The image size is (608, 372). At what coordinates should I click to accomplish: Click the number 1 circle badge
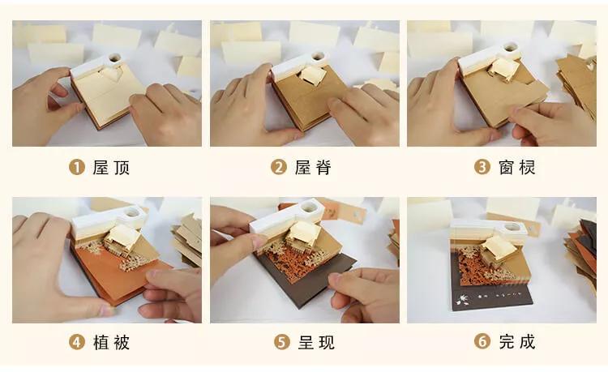[78, 168]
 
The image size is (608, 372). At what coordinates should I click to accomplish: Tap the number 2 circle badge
[280, 168]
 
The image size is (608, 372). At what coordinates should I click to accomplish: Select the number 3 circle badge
[482, 168]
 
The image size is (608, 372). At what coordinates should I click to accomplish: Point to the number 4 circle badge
[78, 342]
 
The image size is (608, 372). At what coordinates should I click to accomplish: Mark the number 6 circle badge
[482, 342]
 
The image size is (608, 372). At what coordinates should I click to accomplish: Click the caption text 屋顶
[111, 168]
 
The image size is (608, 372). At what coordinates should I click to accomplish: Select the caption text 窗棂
[516, 168]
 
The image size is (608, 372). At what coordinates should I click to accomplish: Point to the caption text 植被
[111, 342]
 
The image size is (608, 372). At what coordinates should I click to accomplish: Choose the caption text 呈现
[315, 342]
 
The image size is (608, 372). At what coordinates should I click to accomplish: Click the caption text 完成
[516, 342]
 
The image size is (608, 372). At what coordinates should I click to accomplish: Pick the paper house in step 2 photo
[313, 76]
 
